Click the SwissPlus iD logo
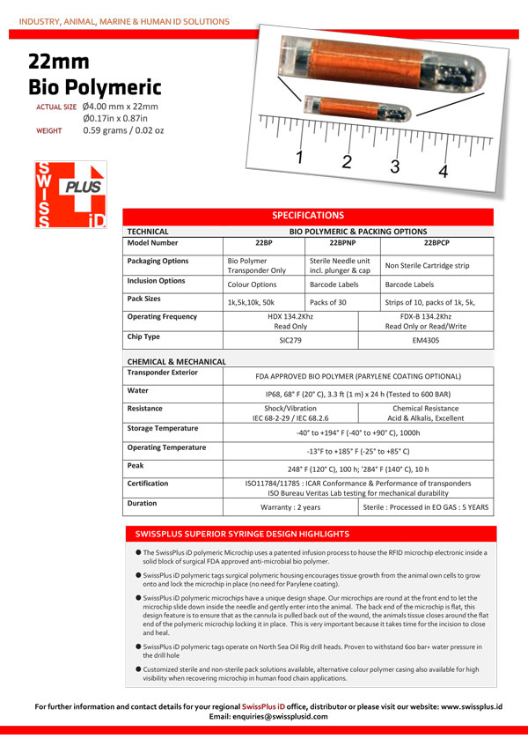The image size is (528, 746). [70, 195]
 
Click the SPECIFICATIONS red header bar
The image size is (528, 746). [307, 215]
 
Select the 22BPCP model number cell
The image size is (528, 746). [436, 243]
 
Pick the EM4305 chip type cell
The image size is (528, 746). [426, 338]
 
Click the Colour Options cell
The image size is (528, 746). [252, 284]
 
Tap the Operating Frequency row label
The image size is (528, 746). [162, 316]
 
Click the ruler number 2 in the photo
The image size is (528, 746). [347, 161]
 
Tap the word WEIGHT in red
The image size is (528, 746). [48, 130]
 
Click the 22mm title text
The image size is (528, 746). [58, 61]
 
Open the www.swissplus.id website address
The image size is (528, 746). [471, 706]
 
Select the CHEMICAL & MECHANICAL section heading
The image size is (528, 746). [177, 361]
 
